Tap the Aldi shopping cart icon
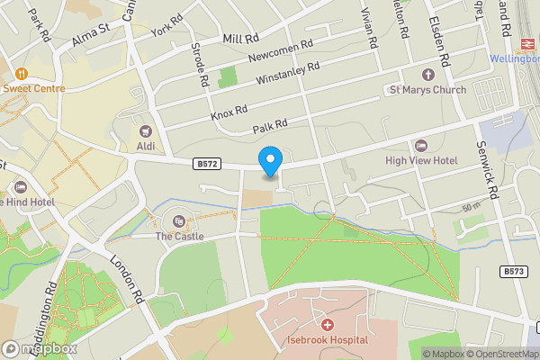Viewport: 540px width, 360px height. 146,130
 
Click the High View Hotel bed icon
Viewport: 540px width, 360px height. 421,146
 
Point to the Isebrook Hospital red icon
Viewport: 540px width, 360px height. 327,324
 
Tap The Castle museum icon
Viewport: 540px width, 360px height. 178,220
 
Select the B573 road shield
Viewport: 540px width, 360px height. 515,270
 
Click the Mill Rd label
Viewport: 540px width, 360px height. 239,39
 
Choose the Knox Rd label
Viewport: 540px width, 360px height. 229,113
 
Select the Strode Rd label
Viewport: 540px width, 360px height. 200,65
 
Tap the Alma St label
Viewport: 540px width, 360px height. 90,37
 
